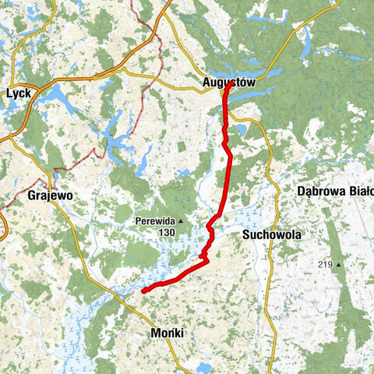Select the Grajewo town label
tap(49, 196)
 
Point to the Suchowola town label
tap(271, 234)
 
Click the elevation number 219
tap(325, 265)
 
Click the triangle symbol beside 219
tap(340, 265)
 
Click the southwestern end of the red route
tap(144, 291)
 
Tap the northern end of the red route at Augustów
tap(227, 87)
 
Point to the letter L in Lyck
tap(8, 93)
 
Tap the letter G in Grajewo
tap(30, 196)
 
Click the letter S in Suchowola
tap(246, 234)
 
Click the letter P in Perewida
tap(136, 221)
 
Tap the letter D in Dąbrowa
tap(302, 190)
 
